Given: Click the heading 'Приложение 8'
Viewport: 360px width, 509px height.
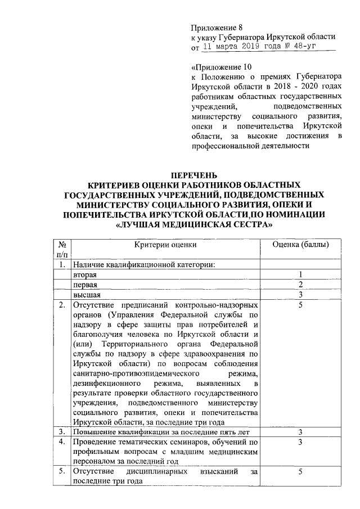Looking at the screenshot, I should (x=217, y=27).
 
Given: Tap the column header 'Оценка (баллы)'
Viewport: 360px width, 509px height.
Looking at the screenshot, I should (x=301, y=245).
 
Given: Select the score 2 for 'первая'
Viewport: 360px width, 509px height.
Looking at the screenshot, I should (x=301, y=285).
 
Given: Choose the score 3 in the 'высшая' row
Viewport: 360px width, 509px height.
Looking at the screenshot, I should (x=301, y=295).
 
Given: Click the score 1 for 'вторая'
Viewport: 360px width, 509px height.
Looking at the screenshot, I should (x=301, y=274).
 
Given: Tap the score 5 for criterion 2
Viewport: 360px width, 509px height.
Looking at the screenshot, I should (x=301, y=305).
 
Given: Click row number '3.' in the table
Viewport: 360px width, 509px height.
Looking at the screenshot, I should (x=62, y=432).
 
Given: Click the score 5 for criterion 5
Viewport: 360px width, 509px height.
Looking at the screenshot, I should (x=301, y=471).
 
